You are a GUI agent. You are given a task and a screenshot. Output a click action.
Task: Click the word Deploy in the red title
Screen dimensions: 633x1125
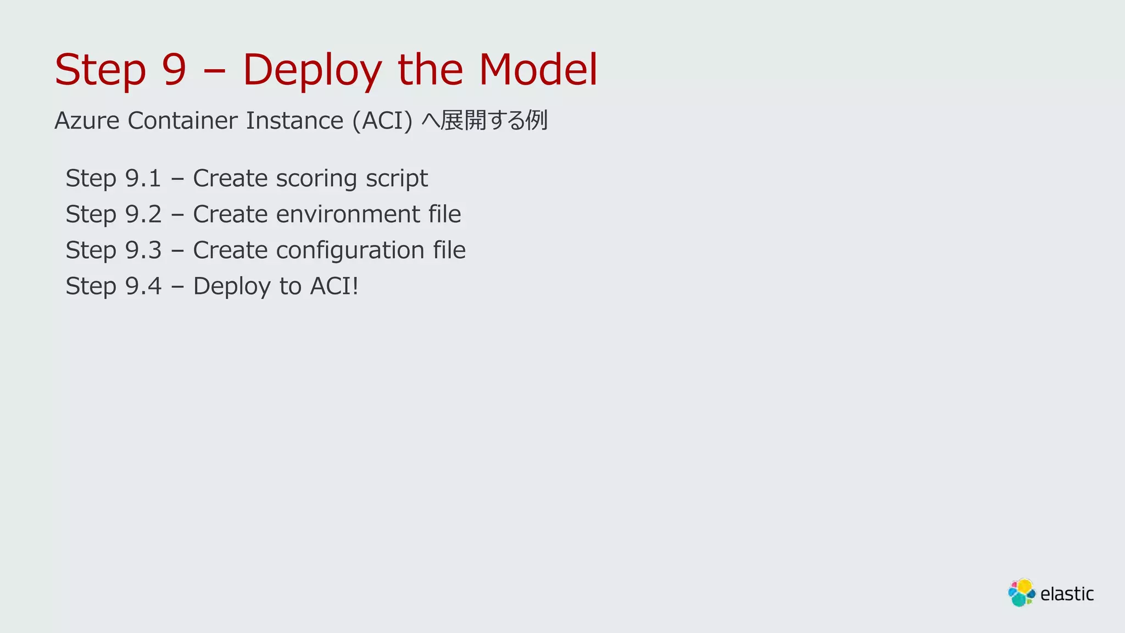[x=311, y=70]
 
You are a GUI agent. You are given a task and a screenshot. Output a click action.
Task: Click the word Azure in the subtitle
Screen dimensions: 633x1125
[x=87, y=120]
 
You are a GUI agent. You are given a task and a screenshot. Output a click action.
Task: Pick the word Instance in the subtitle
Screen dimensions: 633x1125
[x=294, y=120]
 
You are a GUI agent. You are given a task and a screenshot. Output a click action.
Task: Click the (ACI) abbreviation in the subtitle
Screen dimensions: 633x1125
[x=382, y=121]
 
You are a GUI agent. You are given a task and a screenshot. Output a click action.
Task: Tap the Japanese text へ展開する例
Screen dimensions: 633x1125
[x=484, y=120]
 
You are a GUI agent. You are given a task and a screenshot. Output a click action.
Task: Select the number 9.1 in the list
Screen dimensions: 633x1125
[x=143, y=178]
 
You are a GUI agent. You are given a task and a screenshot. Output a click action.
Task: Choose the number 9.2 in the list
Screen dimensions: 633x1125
[x=143, y=214]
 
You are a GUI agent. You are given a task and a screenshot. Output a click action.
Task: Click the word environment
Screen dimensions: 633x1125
[x=348, y=214]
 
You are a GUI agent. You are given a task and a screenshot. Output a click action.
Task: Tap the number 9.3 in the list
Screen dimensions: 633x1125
[x=143, y=250]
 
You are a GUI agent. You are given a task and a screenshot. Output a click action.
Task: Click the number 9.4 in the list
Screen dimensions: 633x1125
[x=143, y=286]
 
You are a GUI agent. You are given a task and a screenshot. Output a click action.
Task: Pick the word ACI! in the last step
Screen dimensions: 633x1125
[x=334, y=286]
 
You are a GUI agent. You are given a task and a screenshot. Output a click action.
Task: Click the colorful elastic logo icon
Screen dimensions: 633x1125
[x=1021, y=592]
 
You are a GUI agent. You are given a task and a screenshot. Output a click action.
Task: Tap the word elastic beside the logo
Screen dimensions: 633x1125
[x=1067, y=594]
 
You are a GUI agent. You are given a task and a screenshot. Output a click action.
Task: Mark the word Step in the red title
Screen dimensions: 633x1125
[x=101, y=70]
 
